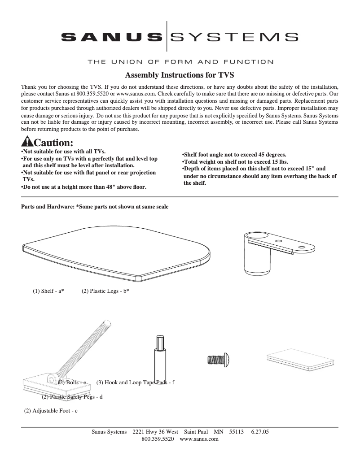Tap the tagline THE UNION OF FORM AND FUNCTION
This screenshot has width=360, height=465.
click(x=180, y=61)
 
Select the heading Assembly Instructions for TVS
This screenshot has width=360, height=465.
click(x=180, y=74)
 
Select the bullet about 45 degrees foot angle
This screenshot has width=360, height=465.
click(x=233, y=155)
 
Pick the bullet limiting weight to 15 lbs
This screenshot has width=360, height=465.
click(x=235, y=162)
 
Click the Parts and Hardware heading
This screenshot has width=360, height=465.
click(x=95, y=207)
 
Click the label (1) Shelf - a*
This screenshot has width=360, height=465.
click(x=48, y=291)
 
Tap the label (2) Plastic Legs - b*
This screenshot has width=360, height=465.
click(x=105, y=291)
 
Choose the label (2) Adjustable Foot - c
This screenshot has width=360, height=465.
click(x=51, y=411)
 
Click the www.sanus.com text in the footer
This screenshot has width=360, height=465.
click(x=199, y=439)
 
